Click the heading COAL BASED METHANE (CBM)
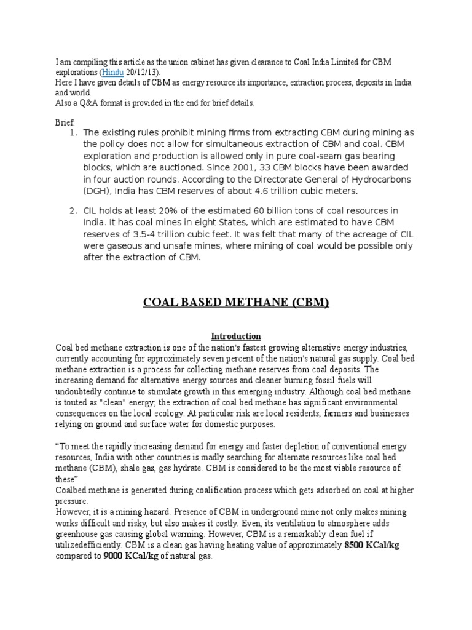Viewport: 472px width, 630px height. (x=236, y=303)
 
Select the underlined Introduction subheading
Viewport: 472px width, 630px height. (x=236, y=336)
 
